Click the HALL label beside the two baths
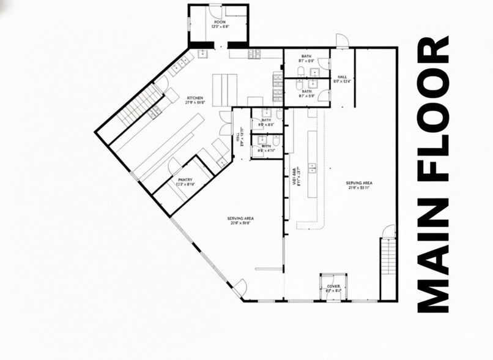341,78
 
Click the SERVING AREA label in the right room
360,186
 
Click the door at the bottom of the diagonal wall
240,287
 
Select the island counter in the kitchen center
224,87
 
